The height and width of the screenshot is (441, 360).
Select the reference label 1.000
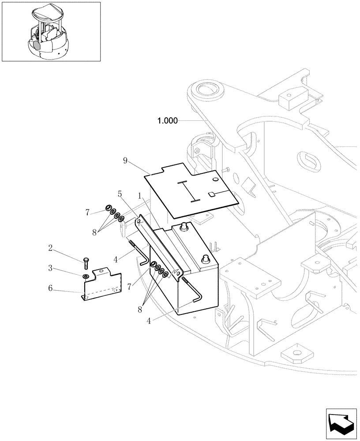click(x=167, y=120)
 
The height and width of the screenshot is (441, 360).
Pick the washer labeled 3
click(x=86, y=277)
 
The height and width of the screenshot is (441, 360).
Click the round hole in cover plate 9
click(x=215, y=179)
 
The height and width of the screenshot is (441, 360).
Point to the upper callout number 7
click(x=88, y=213)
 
